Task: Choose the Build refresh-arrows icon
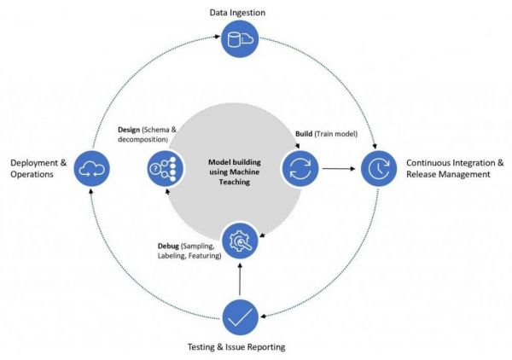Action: pos(301,167)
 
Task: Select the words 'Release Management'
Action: pos(447,174)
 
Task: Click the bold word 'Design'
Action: pos(131,130)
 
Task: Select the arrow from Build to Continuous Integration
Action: pos(339,167)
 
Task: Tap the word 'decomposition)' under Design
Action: pos(143,140)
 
